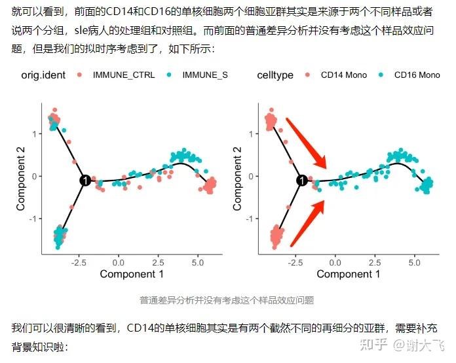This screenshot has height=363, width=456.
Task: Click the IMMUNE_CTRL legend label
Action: [124, 75]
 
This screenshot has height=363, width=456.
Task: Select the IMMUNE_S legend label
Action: [205, 75]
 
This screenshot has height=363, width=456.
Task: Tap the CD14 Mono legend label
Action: [343, 75]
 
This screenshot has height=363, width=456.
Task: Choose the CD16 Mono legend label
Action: [417, 75]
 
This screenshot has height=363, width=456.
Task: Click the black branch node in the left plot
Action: [85, 181]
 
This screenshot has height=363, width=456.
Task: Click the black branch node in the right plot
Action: [301, 181]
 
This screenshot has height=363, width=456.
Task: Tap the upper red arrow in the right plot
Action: [306, 142]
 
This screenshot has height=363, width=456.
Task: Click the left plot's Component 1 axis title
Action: [132, 274]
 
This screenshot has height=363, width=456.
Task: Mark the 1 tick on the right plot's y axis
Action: [251, 133]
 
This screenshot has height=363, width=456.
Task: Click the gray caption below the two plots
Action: [227, 300]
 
